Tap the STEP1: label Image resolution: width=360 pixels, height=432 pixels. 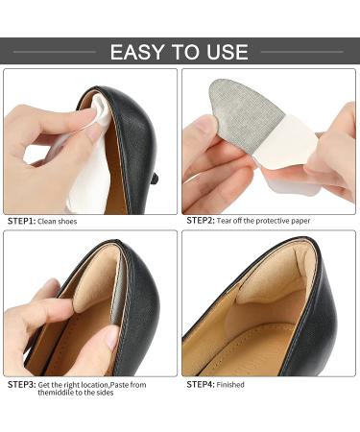tap(21, 221)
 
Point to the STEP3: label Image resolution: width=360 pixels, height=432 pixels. tap(21, 384)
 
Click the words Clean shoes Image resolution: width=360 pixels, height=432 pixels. tap(59, 221)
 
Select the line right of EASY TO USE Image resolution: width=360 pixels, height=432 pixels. tap(301, 52)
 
